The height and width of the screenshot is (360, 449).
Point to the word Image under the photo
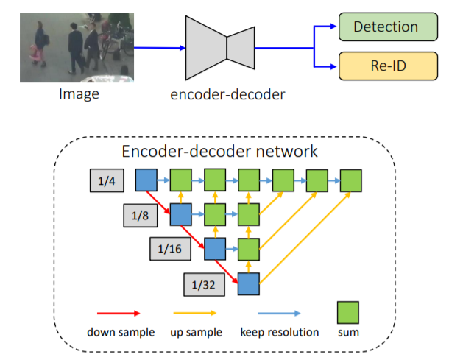coord(79,94)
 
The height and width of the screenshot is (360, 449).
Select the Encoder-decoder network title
coord(219,152)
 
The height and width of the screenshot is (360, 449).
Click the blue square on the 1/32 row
coord(248,283)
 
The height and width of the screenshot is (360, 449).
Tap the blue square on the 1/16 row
coord(214,248)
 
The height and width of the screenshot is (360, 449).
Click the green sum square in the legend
coord(347,310)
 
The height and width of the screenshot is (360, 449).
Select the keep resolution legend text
coord(279,332)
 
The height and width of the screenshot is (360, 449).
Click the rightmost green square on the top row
coord(350,180)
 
